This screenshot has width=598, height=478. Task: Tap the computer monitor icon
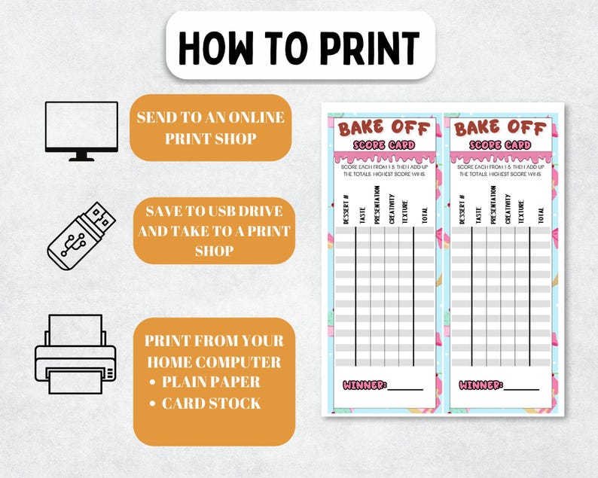click(x=81, y=129)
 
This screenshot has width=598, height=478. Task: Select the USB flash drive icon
click(x=82, y=234)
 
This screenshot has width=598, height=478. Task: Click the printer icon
click(x=75, y=349)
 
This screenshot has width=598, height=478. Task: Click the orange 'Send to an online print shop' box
click(x=210, y=127)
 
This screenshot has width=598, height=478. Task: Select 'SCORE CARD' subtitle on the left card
click(x=385, y=145)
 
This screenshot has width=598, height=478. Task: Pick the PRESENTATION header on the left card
click(x=377, y=205)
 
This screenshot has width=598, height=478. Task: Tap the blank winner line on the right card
click(x=523, y=388)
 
